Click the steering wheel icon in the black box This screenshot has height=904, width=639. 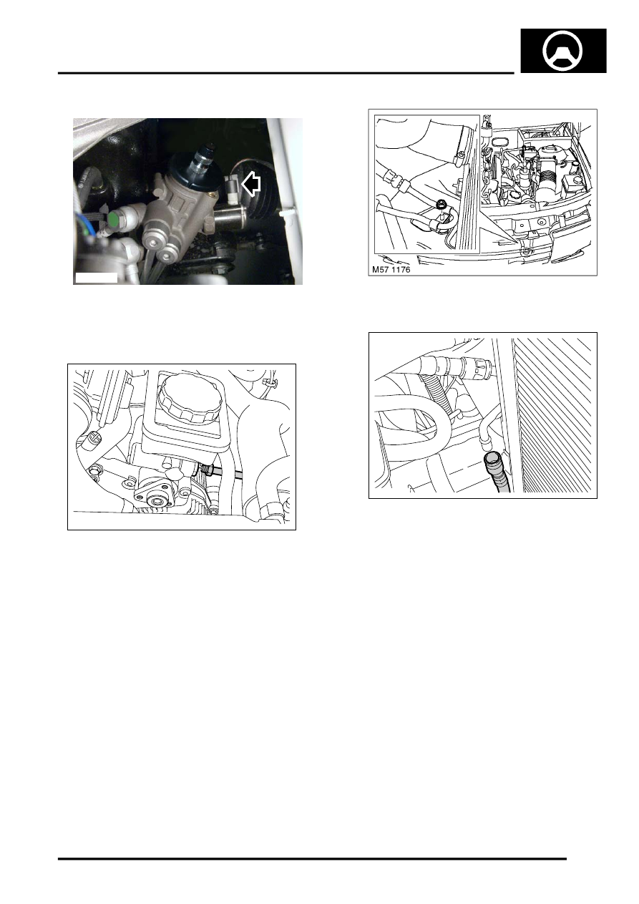pos(563,51)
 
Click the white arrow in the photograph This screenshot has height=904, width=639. pos(250,185)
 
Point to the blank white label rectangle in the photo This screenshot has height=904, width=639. pos(97,278)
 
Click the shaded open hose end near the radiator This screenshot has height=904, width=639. pos(492,459)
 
